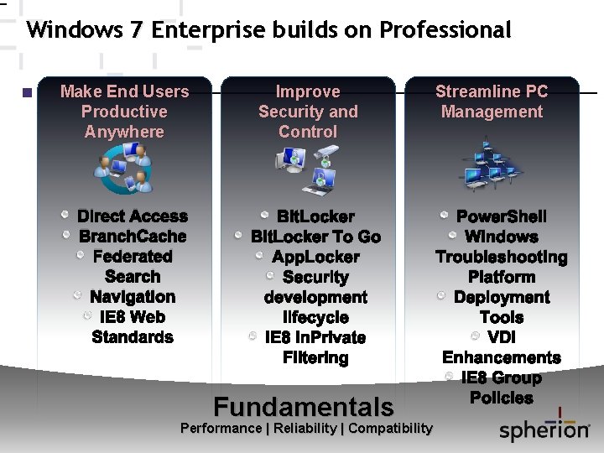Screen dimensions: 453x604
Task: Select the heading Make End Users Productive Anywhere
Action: pos(125,112)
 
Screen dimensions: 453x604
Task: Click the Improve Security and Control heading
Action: pos(308,112)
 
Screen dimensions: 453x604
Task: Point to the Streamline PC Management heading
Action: pos(492,102)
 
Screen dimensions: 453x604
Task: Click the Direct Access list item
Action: pos(133,216)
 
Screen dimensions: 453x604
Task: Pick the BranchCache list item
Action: pos(133,237)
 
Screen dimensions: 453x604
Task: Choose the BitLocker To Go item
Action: pos(315,237)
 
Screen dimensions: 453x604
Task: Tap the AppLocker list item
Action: pos(315,257)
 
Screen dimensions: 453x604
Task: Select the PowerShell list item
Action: pos(502,216)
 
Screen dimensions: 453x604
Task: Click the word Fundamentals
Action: pos(304,407)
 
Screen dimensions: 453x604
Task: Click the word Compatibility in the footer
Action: pos(390,429)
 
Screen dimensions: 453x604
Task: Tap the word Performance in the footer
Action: pos(221,429)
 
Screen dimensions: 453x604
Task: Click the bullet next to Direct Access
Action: pos(65,216)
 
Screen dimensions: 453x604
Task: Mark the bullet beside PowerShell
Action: pos(445,216)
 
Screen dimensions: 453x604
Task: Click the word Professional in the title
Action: pos(445,31)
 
